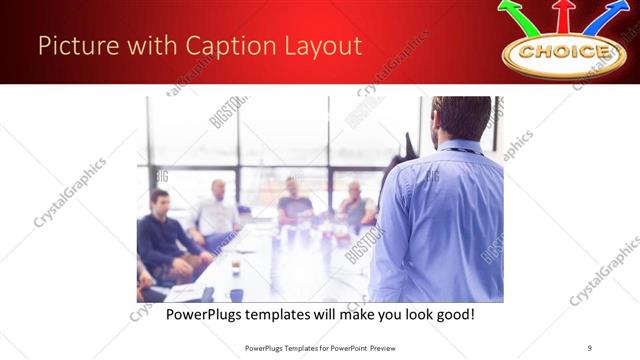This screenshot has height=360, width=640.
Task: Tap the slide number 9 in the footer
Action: [x=590, y=346]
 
